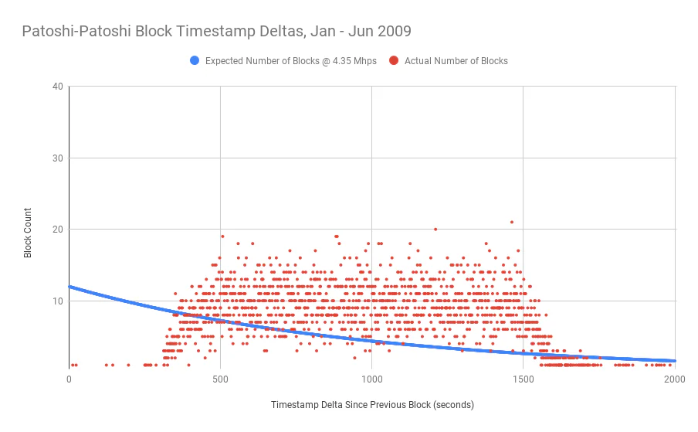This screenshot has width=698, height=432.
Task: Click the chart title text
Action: click(x=217, y=31)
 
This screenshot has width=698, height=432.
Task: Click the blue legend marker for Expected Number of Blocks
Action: click(x=195, y=60)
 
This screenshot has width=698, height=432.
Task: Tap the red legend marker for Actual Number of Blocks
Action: click(x=394, y=60)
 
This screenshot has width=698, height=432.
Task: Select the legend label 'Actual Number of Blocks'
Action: click(x=456, y=61)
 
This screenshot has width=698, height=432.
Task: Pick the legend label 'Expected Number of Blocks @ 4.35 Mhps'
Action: click(x=290, y=61)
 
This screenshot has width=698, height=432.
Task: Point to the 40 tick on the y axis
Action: click(x=58, y=87)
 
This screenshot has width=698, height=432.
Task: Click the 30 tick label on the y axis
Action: click(x=58, y=158)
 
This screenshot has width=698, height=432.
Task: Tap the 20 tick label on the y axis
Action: click(x=58, y=230)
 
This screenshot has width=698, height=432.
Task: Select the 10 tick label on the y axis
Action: click(x=58, y=301)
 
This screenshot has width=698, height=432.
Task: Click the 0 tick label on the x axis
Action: click(x=69, y=379)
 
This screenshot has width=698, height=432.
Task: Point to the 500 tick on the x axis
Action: click(x=220, y=379)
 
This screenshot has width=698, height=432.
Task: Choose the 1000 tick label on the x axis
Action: click(x=371, y=379)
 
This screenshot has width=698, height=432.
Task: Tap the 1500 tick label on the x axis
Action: click(x=523, y=379)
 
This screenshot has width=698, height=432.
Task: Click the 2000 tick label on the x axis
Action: click(x=674, y=379)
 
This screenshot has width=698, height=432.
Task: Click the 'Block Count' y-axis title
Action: click(x=28, y=233)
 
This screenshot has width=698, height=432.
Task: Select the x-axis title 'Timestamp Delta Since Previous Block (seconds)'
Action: click(x=372, y=405)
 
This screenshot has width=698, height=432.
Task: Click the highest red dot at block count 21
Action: click(x=512, y=222)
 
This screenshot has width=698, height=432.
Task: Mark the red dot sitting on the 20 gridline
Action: click(x=435, y=230)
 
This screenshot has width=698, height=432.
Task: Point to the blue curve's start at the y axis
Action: click(x=69, y=287)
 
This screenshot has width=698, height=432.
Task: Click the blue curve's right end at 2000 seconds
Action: click(x=675, y=361)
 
